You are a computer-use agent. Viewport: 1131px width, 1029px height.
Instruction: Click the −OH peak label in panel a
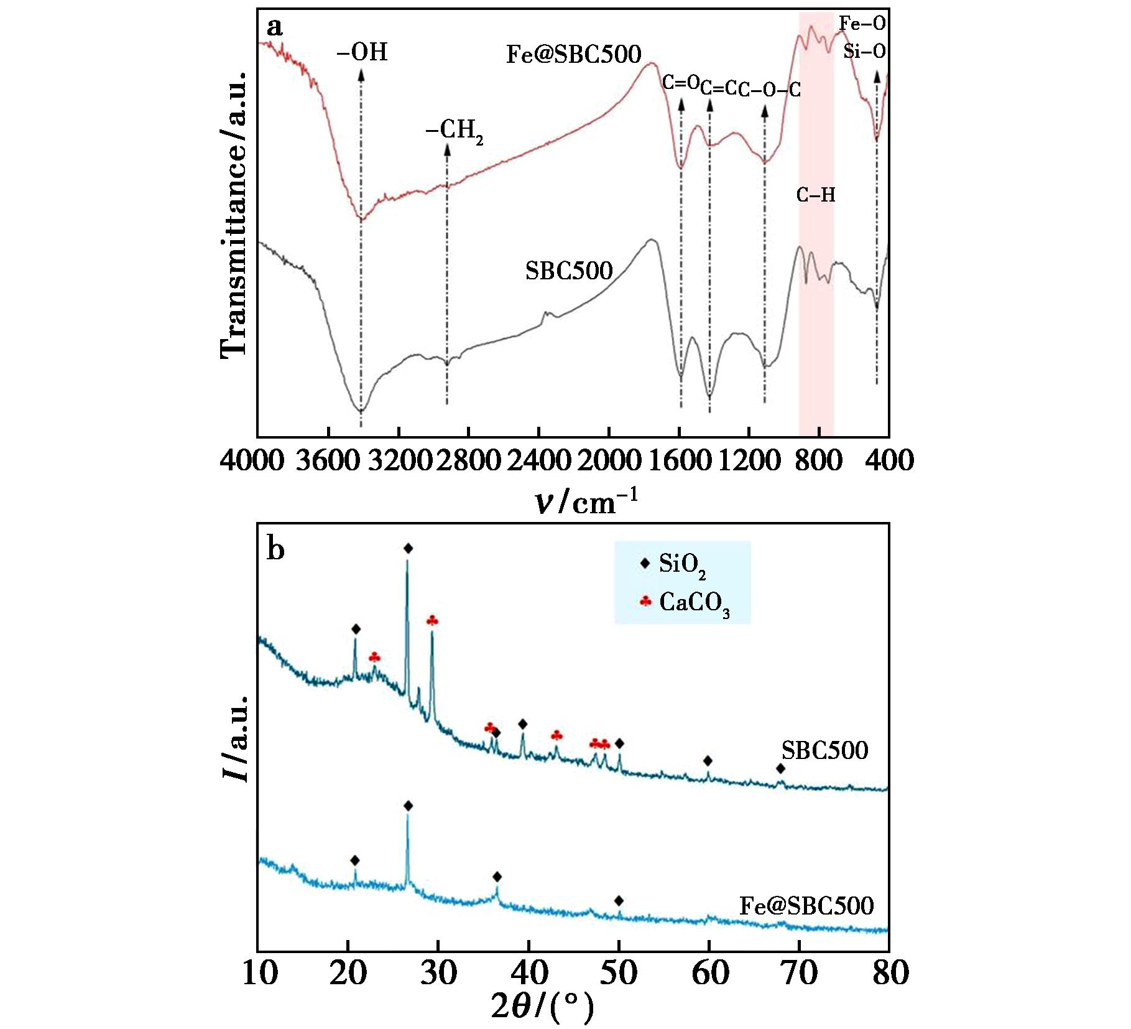[x=362, y=52]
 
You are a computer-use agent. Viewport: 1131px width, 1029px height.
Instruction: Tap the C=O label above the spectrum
[x=681, y=83]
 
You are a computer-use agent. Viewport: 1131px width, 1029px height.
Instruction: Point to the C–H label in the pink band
[x=816, y=195]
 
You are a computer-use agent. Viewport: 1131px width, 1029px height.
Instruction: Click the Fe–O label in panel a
[x=862, y=24]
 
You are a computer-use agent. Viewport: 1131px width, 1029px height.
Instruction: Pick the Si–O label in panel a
[x=864, y=51]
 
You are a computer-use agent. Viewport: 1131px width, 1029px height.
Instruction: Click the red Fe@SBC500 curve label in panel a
[x=573, y=55]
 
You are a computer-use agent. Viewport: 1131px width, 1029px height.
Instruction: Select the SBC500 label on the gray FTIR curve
[x=569, y=271]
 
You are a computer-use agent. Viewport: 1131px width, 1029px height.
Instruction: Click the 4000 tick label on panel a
[x=252, y=461]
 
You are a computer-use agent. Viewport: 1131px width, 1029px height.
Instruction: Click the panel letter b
[x=275, y=549]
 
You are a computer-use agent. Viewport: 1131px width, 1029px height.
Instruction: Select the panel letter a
[x=274, y=27]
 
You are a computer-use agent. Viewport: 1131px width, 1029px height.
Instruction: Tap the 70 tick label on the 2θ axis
[x=800, y=972]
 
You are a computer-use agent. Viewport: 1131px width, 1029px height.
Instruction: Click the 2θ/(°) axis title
[x=542, y=1007]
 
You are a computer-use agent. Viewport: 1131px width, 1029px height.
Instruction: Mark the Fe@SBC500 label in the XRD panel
[x=806, y=905]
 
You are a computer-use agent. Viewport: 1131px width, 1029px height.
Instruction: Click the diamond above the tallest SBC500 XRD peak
[x=408, y=548]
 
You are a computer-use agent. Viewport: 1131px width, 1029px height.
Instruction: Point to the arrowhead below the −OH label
[x=361, y=73]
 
